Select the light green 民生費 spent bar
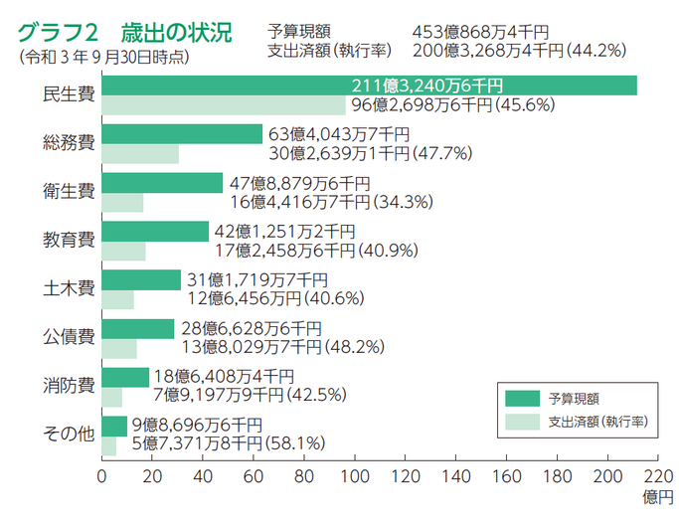(x=224, y=104)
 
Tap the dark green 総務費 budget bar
(x=182, y=134)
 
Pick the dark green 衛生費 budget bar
(x=162, y=183)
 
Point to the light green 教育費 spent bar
(x=124, y=251)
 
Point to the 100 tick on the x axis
(x=355, y=476)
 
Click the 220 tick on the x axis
(x=657, y=476)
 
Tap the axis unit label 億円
(x=657, y=495)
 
